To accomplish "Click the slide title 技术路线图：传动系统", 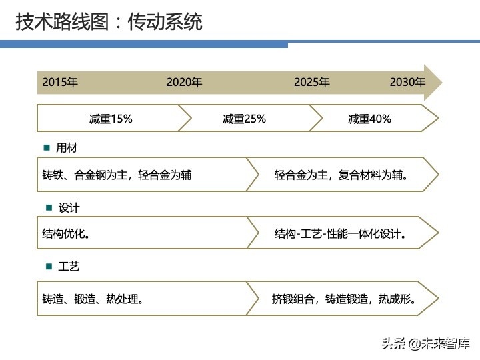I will click(x=109, y=22).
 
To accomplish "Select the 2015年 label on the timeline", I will click(x=60, y=83).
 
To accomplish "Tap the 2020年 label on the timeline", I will click(x=184, y=83).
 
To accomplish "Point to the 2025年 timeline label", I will click(x=311, y=83).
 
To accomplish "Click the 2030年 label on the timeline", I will click(x=407, y=83).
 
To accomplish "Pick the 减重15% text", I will click(x=111, y=119).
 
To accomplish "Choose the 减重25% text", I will click(x=244, y=119).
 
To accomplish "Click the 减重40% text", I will click(x=369, y=119).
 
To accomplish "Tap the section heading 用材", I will click(x=67, y=148).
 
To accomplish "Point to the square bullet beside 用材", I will click(x=47, y=148).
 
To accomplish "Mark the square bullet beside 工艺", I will click(x=48, y=267).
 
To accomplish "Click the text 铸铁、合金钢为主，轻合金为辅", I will click(x=117, y=175).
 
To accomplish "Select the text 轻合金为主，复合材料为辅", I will click(x=341, y=175).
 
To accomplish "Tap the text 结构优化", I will click(x=66, y=234).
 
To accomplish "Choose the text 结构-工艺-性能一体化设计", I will click(x=341, y=234).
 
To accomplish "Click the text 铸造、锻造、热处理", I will click(x=93, y=299).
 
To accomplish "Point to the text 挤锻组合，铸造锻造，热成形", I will click(x=344, y=299).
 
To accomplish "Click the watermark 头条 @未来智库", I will click(x=425, y=343).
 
